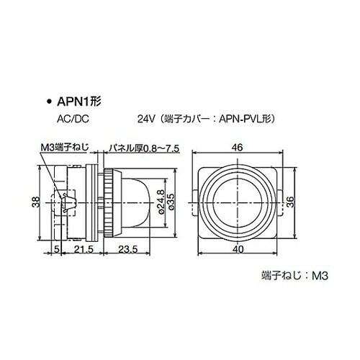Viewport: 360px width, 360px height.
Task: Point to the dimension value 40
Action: pyautogui.click(x=237, y=249)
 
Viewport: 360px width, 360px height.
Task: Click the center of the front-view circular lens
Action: pyautogui.click(x=237, y=202)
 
